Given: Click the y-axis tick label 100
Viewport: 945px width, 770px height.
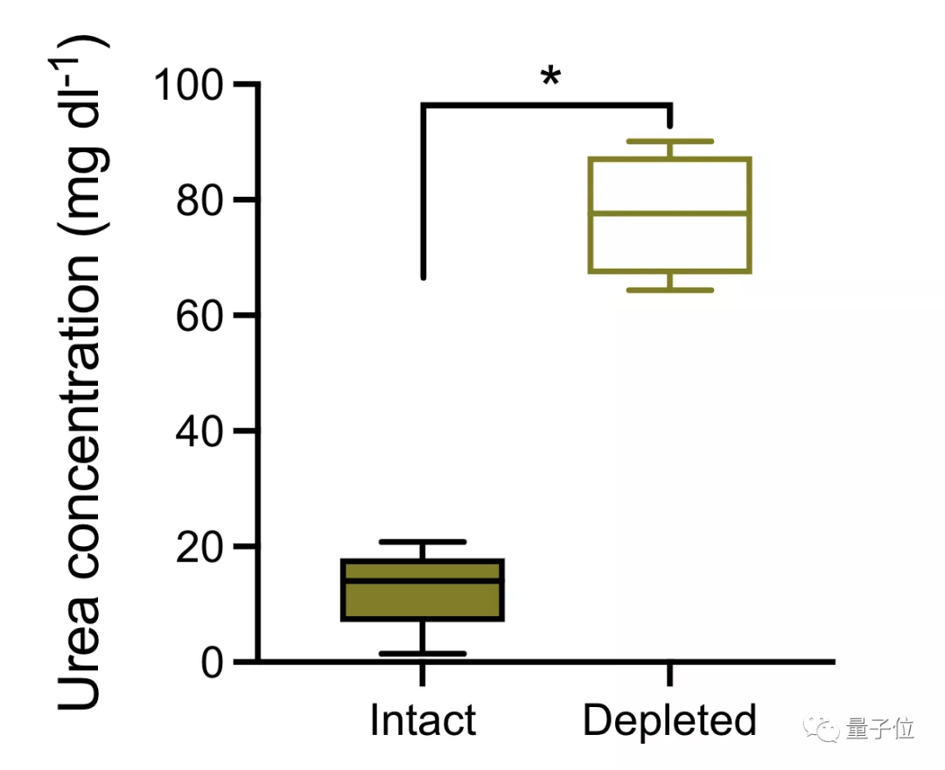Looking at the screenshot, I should click(x=189, y=85).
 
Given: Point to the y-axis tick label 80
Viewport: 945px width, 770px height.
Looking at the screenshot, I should click(x=201, y=200).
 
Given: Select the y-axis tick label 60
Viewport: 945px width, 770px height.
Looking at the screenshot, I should click(x=201, y=316).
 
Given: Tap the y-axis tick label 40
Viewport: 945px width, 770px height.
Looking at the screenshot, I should click(x=201, y=431).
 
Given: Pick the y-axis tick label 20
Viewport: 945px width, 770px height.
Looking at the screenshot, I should click(x=201, y=547).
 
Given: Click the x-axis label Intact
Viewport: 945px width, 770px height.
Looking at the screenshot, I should click(x=423, y=721).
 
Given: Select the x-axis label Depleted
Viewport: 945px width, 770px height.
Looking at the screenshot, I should click(x=669, y=721).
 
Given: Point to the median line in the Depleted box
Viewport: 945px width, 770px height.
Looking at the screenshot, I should click(x=669, y=213).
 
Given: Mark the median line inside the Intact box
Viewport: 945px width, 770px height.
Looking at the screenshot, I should click(x=423, y=579).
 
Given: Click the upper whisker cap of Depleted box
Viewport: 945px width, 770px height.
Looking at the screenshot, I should click(x=669, y=141).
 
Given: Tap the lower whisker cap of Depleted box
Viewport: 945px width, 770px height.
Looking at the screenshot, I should click(x=669, y=290).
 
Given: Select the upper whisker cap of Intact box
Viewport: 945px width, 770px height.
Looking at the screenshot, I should click(x=423, y=542).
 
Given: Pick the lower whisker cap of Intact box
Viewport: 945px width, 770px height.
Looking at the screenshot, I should click(x=423, y=654).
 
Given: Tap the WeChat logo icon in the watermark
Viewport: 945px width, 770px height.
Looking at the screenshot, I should click(x=822, y=729).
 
